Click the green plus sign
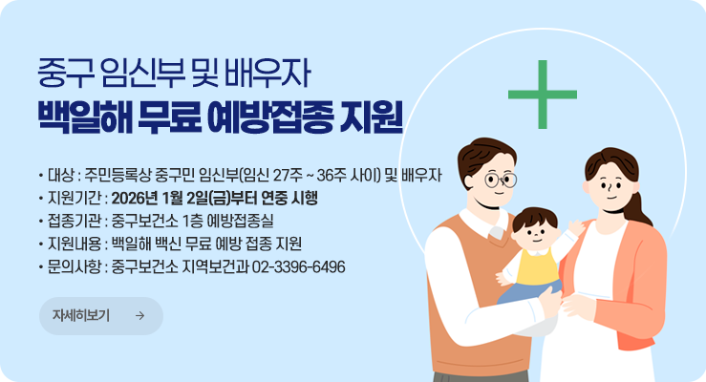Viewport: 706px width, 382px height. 542,95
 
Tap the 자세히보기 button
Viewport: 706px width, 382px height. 100,316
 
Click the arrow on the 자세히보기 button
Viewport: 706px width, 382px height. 139,316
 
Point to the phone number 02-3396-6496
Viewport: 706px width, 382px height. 299,265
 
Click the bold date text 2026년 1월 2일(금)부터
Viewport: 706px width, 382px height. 191,199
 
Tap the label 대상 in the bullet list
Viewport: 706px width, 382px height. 59,176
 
